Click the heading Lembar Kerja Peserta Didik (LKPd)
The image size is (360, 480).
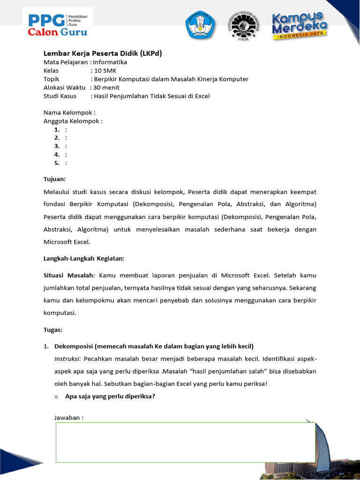103,53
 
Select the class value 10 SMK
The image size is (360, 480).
105,70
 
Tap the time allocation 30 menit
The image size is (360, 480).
106,87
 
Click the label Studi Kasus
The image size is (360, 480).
61,96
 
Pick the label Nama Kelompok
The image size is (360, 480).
68,112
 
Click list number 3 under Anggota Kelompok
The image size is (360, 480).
57,146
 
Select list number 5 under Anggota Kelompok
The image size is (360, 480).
57,163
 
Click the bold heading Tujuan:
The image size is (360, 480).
55,179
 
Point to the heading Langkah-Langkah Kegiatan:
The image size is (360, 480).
84,258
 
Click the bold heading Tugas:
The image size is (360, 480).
53,330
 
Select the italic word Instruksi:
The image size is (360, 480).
68,359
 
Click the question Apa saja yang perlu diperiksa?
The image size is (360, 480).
110,396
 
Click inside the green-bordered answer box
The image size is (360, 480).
185,442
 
